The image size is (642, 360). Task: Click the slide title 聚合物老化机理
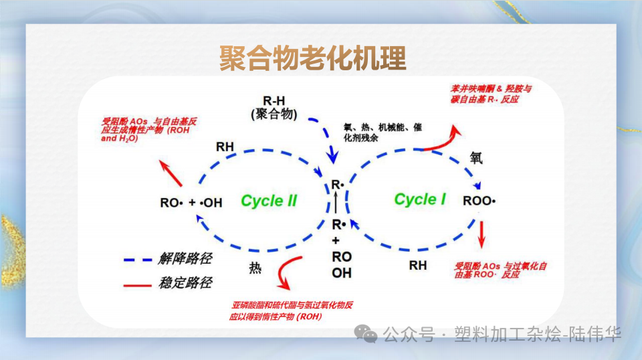pyautogui.click(x=312, y=59)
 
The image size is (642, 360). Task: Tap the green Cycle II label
pyautogui.click(x=269, y=201)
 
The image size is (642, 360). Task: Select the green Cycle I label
pyautogui.click(x=420, y=199)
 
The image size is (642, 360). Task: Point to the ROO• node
pyautogui.click(x=479, y=200)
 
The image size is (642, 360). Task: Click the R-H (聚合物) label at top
pyautogui.click(x=274, y=107)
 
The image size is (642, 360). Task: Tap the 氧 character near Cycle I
pyautogui.click(x=475, y=159)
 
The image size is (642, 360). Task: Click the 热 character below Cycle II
pyautogui.click(x=255, y=268)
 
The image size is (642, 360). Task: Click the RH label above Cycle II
pyautogui.click(x=225, y=147)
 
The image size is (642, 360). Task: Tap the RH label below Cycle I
pyautogui.click(x=418, y=266)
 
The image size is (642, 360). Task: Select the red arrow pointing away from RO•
pyautogui.click(x=172, y=173)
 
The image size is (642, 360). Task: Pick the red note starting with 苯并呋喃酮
pyautogui.click(x=492, y=94)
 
